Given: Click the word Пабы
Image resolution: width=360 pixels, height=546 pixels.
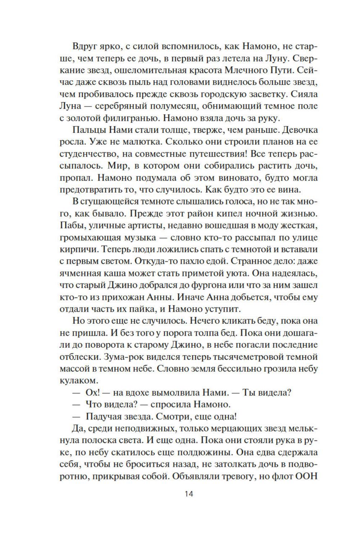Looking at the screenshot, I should (x=70, y=226).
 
